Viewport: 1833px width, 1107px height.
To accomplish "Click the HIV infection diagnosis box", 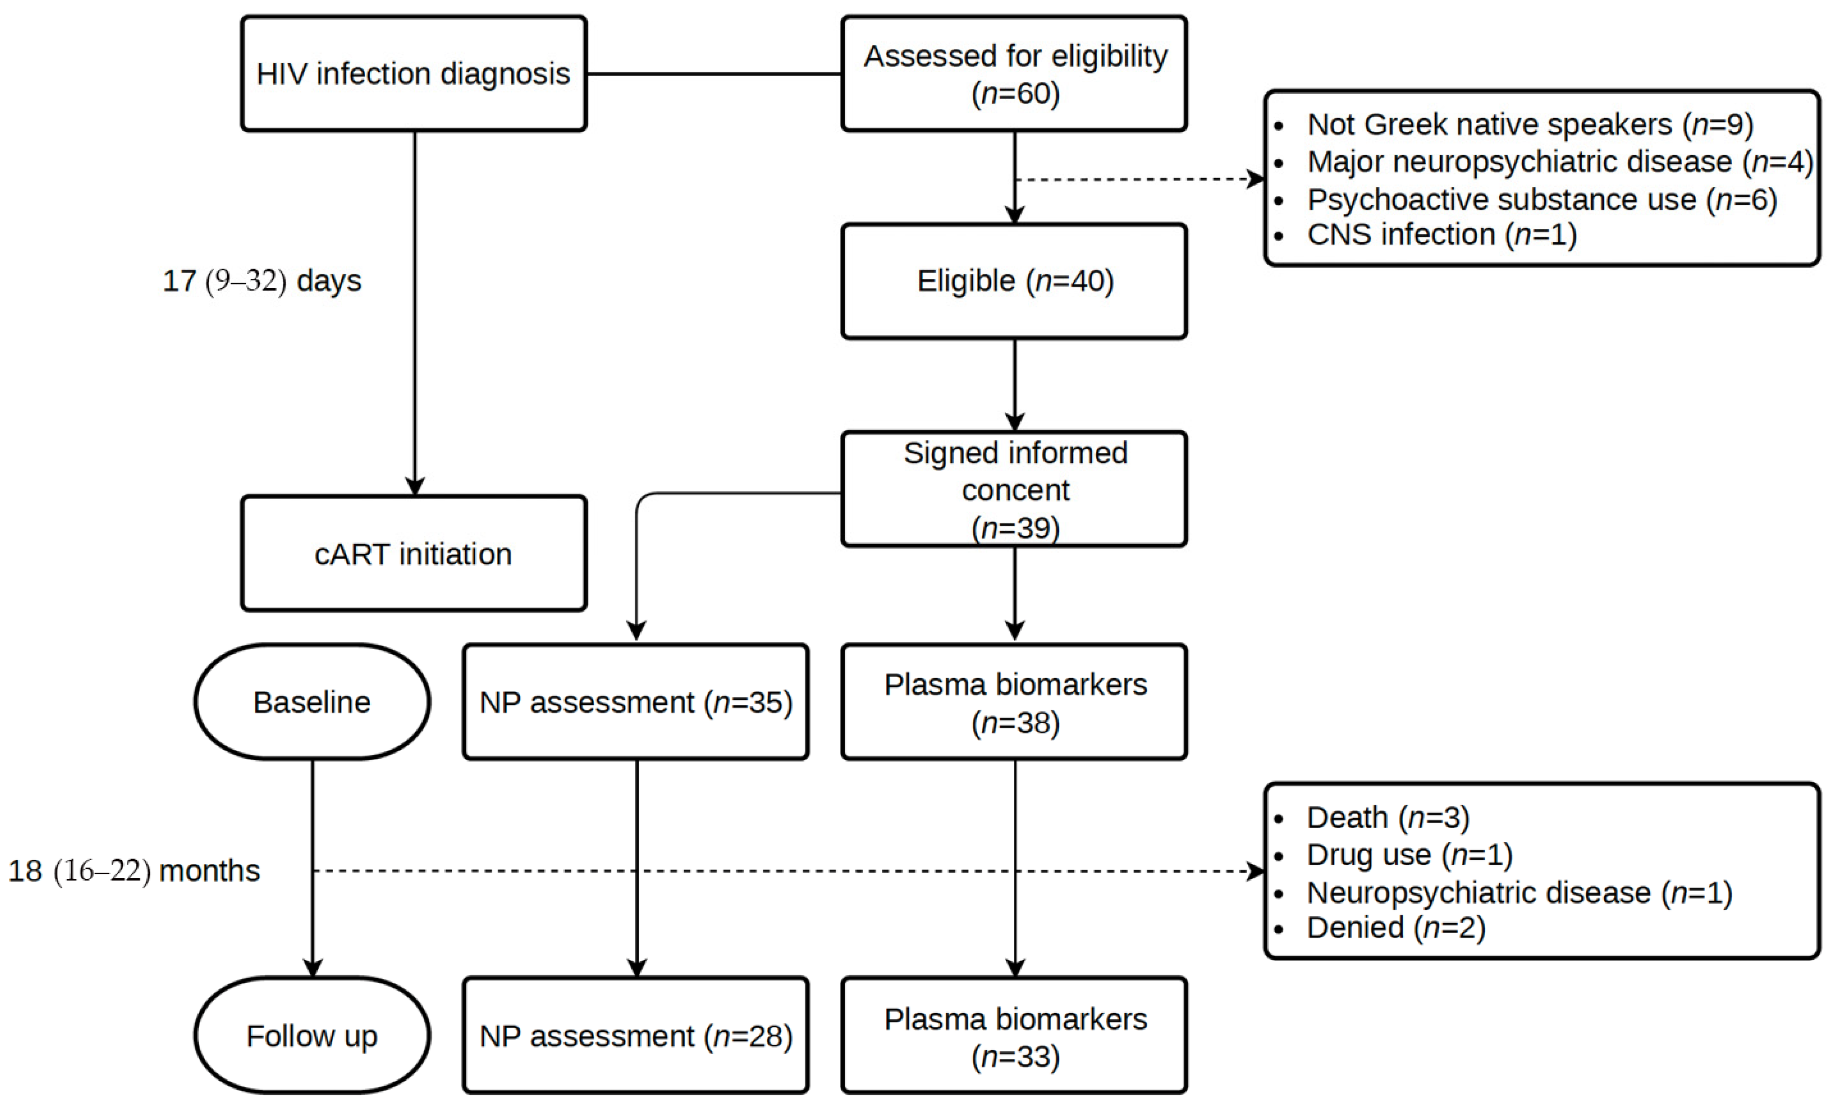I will [x=414, y=74].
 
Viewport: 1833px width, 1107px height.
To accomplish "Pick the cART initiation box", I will [x=414, y=553].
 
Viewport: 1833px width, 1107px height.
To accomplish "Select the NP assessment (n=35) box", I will [x=636, y=702].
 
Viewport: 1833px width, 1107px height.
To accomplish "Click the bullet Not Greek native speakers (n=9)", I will [x=1529, y=124].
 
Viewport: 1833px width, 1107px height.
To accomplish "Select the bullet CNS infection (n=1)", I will [x=1442, y=234].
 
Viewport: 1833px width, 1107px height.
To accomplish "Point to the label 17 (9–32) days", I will [x=262, y=280].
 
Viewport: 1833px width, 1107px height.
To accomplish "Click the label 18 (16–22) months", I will [x=134, y=870].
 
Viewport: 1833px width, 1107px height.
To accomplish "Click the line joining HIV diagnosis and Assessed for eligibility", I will [x=714, y=74].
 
